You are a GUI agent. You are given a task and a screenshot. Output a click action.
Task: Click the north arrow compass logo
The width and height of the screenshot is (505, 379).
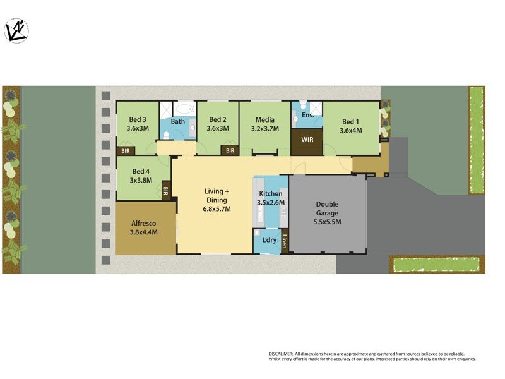(16, 30)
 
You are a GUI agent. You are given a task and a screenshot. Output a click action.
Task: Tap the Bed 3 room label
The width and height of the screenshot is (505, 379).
(138, 119)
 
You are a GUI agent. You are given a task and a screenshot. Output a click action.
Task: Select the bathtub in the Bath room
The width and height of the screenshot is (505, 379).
(185, 109)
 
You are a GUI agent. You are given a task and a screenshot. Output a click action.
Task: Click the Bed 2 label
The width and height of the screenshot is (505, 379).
(217, 119)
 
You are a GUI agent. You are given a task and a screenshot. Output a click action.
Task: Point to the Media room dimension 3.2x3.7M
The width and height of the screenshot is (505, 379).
(264, 128)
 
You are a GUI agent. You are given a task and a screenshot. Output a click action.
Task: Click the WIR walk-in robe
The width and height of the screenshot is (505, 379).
(307, 140)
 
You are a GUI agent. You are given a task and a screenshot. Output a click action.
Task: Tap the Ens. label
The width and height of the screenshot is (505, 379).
(307, 116)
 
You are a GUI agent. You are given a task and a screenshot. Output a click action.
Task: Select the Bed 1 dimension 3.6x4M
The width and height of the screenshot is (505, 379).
(350, 131)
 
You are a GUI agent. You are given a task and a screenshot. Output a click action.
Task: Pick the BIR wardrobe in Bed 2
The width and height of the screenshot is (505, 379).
(230, 151)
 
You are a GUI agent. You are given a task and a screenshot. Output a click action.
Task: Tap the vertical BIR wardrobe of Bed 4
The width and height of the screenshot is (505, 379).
(166, 190)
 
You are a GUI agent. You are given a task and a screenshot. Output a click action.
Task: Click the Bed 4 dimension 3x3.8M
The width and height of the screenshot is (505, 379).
(141, 179)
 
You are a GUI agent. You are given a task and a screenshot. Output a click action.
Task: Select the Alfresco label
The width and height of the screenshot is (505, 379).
(143, 223)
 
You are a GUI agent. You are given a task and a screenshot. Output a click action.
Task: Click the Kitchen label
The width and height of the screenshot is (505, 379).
(271, 194)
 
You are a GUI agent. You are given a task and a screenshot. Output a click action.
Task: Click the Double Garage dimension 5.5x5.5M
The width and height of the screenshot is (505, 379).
(327, 222)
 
